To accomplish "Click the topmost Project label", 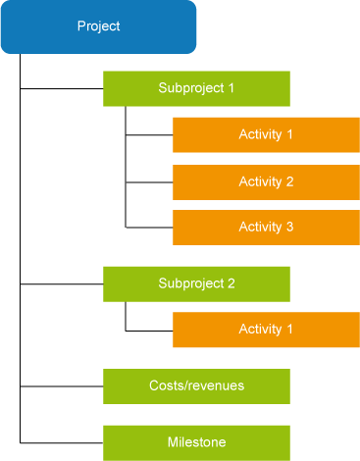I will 98,26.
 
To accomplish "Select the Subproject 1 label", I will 196,87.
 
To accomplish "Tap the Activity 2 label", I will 266,181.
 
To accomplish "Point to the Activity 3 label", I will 266,227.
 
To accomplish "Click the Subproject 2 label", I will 196,283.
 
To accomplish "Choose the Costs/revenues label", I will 196,385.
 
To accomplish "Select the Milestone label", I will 196,441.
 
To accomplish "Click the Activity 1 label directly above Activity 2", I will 266,133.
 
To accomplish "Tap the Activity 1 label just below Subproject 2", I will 266,329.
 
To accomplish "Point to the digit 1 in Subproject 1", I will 231,87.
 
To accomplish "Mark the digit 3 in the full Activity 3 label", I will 289,227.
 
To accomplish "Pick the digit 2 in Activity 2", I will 289,181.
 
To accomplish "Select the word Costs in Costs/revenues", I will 166,385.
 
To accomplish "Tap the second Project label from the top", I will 98,69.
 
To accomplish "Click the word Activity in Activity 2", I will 260,181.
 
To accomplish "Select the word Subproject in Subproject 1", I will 190,87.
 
